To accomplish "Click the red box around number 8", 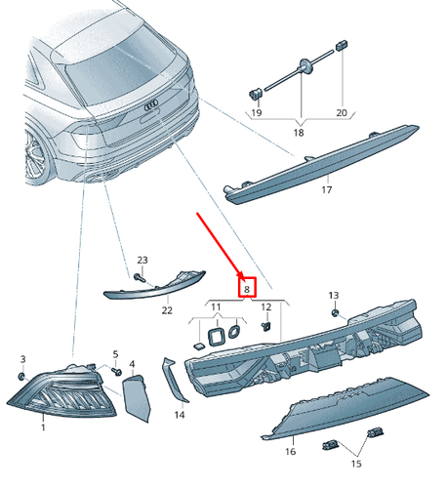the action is point(247,287).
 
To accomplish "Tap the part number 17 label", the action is point(327,189).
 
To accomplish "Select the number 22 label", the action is point(167,310).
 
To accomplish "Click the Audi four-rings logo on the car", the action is point(150,104).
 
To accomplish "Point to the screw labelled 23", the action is point(140,277).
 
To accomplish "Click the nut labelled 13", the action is point(335,313).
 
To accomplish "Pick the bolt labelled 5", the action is point(116,371).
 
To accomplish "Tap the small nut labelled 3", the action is point(21,377).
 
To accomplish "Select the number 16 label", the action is point(291,452).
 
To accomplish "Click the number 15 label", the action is point(356,464).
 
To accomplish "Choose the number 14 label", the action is point(180,415).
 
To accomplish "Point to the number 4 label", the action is point(132,364).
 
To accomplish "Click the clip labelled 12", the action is point(266,326).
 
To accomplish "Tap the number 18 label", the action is point(299,133).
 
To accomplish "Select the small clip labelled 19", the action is point(255,94).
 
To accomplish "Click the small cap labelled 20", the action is point(342,45).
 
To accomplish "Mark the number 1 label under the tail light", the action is point(43,427).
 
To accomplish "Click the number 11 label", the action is point(216,306).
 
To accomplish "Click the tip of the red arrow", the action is point(243,281).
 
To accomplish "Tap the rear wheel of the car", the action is point(36,158).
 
